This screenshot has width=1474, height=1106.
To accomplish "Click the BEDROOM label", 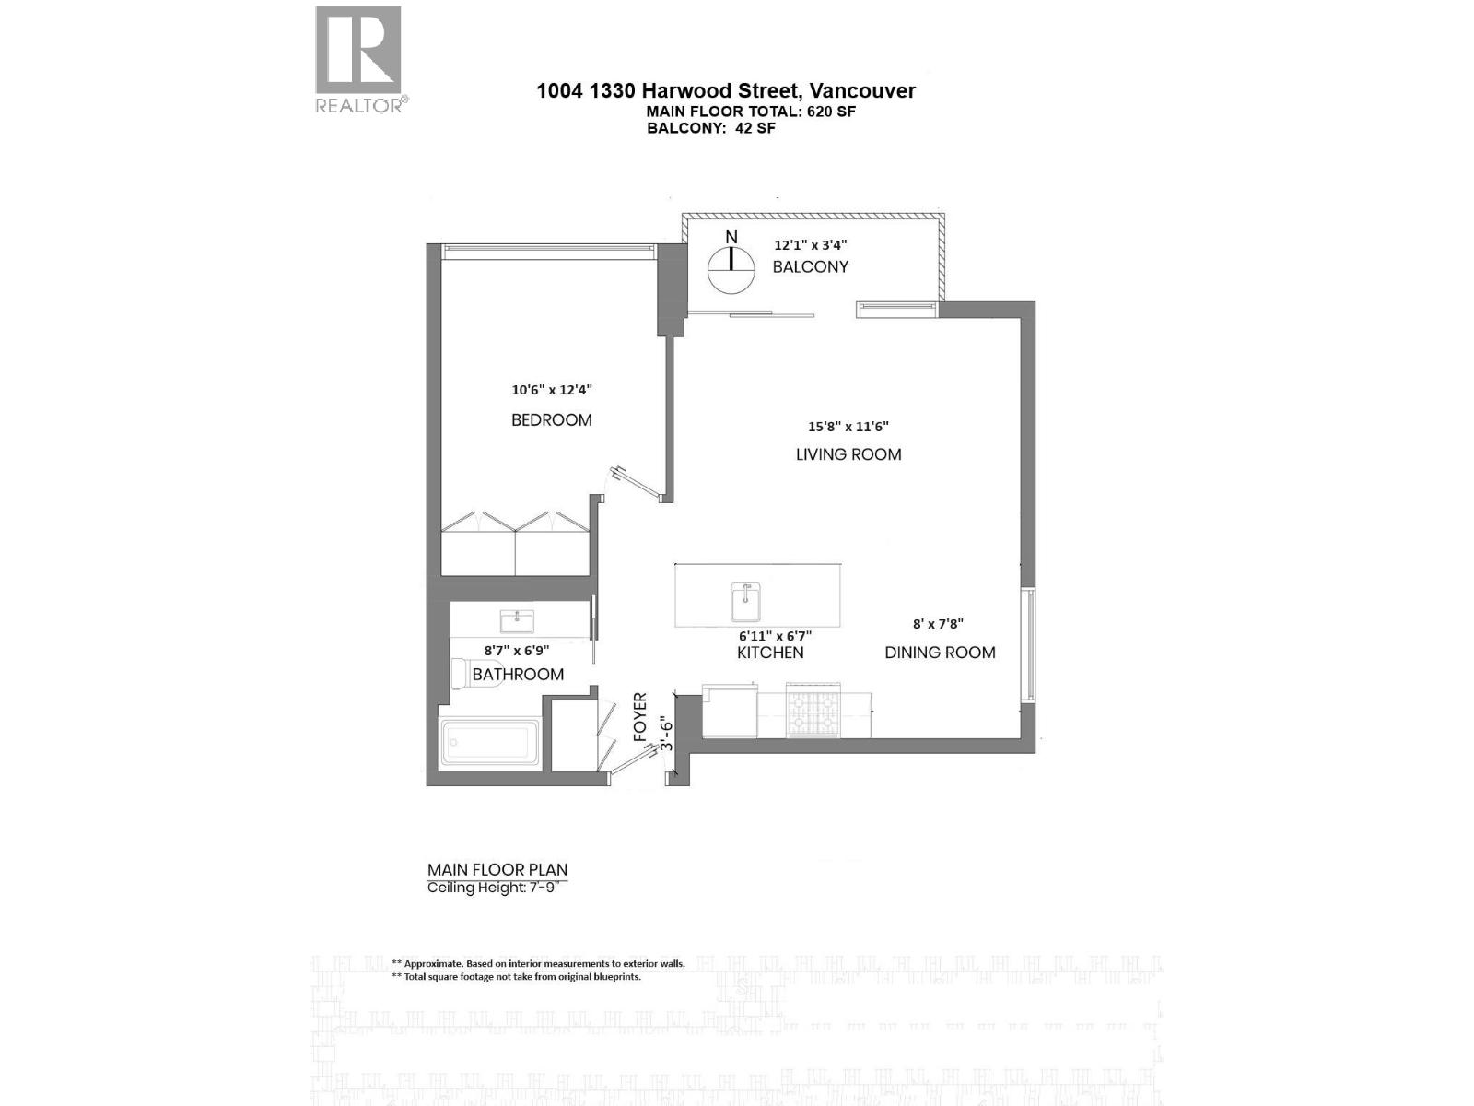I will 551,420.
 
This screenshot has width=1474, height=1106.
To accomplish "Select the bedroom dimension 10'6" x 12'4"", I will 552,390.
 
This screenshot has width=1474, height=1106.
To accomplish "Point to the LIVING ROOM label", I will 848,454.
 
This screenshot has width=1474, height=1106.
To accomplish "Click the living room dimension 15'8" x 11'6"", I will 848,427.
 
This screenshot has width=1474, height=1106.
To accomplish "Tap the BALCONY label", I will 810,267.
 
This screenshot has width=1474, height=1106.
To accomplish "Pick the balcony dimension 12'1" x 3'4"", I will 810,245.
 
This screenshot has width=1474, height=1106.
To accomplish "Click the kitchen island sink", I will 745,602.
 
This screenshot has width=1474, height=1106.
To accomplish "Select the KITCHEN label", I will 770,653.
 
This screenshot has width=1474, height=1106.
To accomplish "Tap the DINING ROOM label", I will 940,653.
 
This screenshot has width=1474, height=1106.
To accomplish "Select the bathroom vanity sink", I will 517,621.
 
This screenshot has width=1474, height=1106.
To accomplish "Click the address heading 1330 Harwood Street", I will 726,90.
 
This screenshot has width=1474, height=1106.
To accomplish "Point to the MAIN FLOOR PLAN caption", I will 497,869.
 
